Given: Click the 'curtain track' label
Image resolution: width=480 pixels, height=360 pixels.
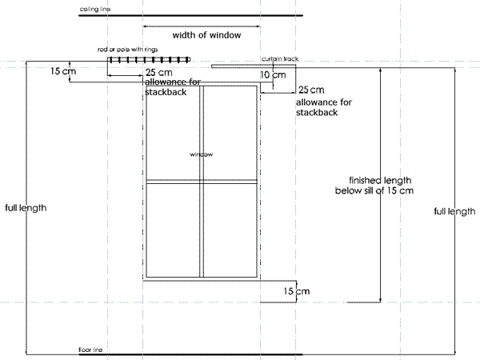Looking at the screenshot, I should point(279,58).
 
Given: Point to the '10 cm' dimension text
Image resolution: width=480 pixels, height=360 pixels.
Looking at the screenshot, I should point(272,74).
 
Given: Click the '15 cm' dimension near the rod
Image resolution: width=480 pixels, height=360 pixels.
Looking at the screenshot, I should point(63,71).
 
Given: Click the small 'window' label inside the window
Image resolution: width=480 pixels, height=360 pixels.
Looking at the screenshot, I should point(201,154).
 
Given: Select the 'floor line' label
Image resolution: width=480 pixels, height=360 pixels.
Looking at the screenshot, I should point(90,350).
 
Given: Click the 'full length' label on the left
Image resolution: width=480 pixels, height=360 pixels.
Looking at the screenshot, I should point(26,208).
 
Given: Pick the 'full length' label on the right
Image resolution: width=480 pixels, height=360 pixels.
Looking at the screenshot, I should point(454,211).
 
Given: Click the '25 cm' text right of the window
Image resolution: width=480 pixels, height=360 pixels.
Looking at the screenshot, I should point(310,90).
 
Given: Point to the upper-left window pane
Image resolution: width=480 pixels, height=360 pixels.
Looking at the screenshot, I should point(174,132).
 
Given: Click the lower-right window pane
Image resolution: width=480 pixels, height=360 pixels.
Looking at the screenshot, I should point(230,230).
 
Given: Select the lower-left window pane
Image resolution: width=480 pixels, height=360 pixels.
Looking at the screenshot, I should point(174,230).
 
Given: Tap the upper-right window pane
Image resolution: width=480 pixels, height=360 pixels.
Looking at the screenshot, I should point(230,132).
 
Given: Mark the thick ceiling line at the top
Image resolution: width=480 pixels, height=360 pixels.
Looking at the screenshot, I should point(190,14).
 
